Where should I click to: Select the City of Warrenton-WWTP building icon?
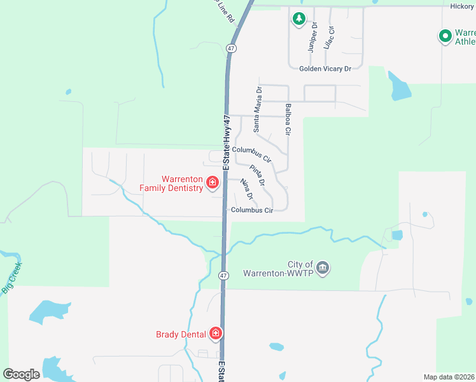(323, 267)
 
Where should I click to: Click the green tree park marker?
(298, 19)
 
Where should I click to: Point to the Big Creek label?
(12, 277)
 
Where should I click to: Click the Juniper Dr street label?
(312, 36)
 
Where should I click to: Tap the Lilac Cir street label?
(328, 38)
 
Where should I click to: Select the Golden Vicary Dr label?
(326, 68)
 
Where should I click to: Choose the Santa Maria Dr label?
(258, 110)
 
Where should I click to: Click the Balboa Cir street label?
(288, 120)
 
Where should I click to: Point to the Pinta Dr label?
(257, 174)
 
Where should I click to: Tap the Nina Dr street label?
(248, 189)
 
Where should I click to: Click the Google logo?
(21, 374)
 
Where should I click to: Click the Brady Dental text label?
(181, 334)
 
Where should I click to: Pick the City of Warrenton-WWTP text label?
(280, 269)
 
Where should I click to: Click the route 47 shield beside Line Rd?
(230, 48)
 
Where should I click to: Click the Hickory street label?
(461, 6)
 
